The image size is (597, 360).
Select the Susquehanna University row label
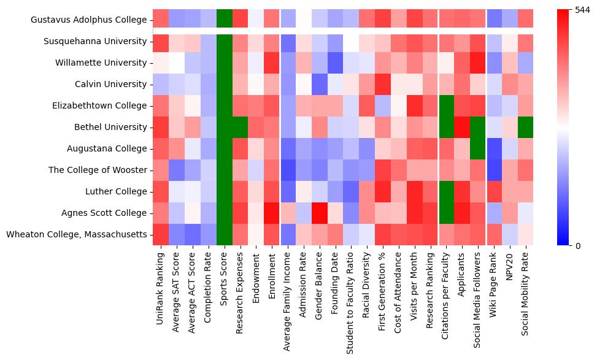tap(95, 42)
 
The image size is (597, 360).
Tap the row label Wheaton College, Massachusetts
tap(77, 235)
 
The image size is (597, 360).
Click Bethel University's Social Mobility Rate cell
tap(525, 128)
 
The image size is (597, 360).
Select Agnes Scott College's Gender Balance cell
tap(320, 213)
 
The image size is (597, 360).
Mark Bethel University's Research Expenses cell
tap(241, 128)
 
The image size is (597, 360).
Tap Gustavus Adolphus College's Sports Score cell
tap(225, 20)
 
